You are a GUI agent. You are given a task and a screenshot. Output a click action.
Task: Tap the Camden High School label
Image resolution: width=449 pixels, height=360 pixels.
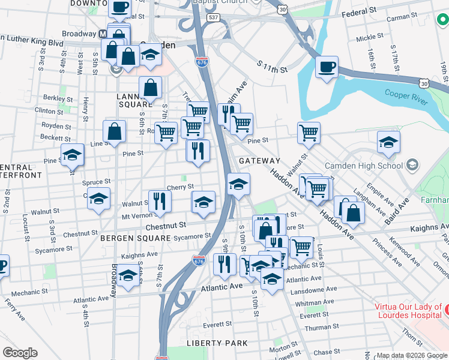[x=363, y=165]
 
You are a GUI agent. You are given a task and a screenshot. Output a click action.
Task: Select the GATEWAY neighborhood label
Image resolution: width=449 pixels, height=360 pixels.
[x=259, y=161]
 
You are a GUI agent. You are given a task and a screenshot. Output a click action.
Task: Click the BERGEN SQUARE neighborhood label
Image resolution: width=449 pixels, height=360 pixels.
[x=136, y=238]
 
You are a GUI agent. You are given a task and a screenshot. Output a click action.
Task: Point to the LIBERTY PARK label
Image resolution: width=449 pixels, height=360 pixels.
[x=217, y=343]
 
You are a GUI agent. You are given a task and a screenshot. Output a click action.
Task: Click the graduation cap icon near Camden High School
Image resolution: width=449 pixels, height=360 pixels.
[x=388, y=142]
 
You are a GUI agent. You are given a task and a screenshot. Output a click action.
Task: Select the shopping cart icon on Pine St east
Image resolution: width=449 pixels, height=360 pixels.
[x=309, y=133]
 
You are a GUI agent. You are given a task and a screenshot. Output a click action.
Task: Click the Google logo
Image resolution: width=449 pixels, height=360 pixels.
[x=20, y=353]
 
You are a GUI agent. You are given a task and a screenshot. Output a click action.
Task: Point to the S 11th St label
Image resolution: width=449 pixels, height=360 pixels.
[x=273, y=67]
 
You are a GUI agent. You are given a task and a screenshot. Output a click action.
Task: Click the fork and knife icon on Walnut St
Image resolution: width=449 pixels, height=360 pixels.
[x=159, y=201]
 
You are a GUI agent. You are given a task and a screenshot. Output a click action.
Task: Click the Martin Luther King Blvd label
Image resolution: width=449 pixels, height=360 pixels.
[x=33, y=43]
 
